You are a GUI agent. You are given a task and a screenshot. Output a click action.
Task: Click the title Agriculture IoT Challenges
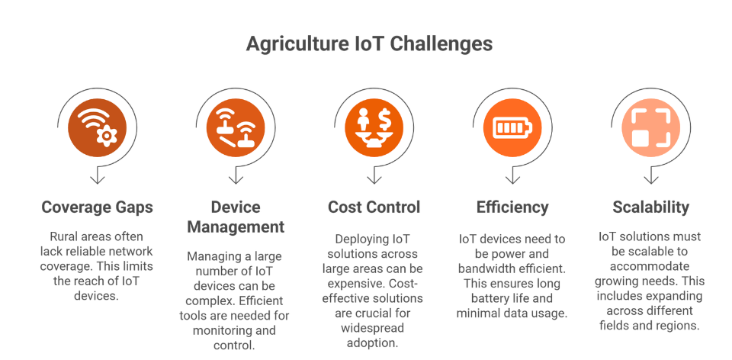(369, 43)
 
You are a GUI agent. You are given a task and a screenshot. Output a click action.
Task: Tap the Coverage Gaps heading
(97, 207)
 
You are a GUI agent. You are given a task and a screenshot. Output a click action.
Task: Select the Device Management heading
(236, 217)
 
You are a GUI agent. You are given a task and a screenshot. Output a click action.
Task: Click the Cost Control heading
(374, 207)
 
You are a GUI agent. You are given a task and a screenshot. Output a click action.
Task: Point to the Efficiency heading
(512, 207)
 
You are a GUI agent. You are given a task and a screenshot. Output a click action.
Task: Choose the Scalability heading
(650, 207)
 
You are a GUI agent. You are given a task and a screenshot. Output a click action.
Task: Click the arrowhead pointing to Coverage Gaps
(97, 178)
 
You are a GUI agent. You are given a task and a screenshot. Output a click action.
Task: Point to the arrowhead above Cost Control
(374, 178)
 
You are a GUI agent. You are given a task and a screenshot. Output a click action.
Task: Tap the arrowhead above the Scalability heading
(650, 178)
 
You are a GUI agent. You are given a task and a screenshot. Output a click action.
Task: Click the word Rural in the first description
(66, 236)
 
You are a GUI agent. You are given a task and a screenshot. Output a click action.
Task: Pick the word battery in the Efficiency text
(477, 298)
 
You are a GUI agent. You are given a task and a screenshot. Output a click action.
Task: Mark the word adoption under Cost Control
(374, 344)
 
